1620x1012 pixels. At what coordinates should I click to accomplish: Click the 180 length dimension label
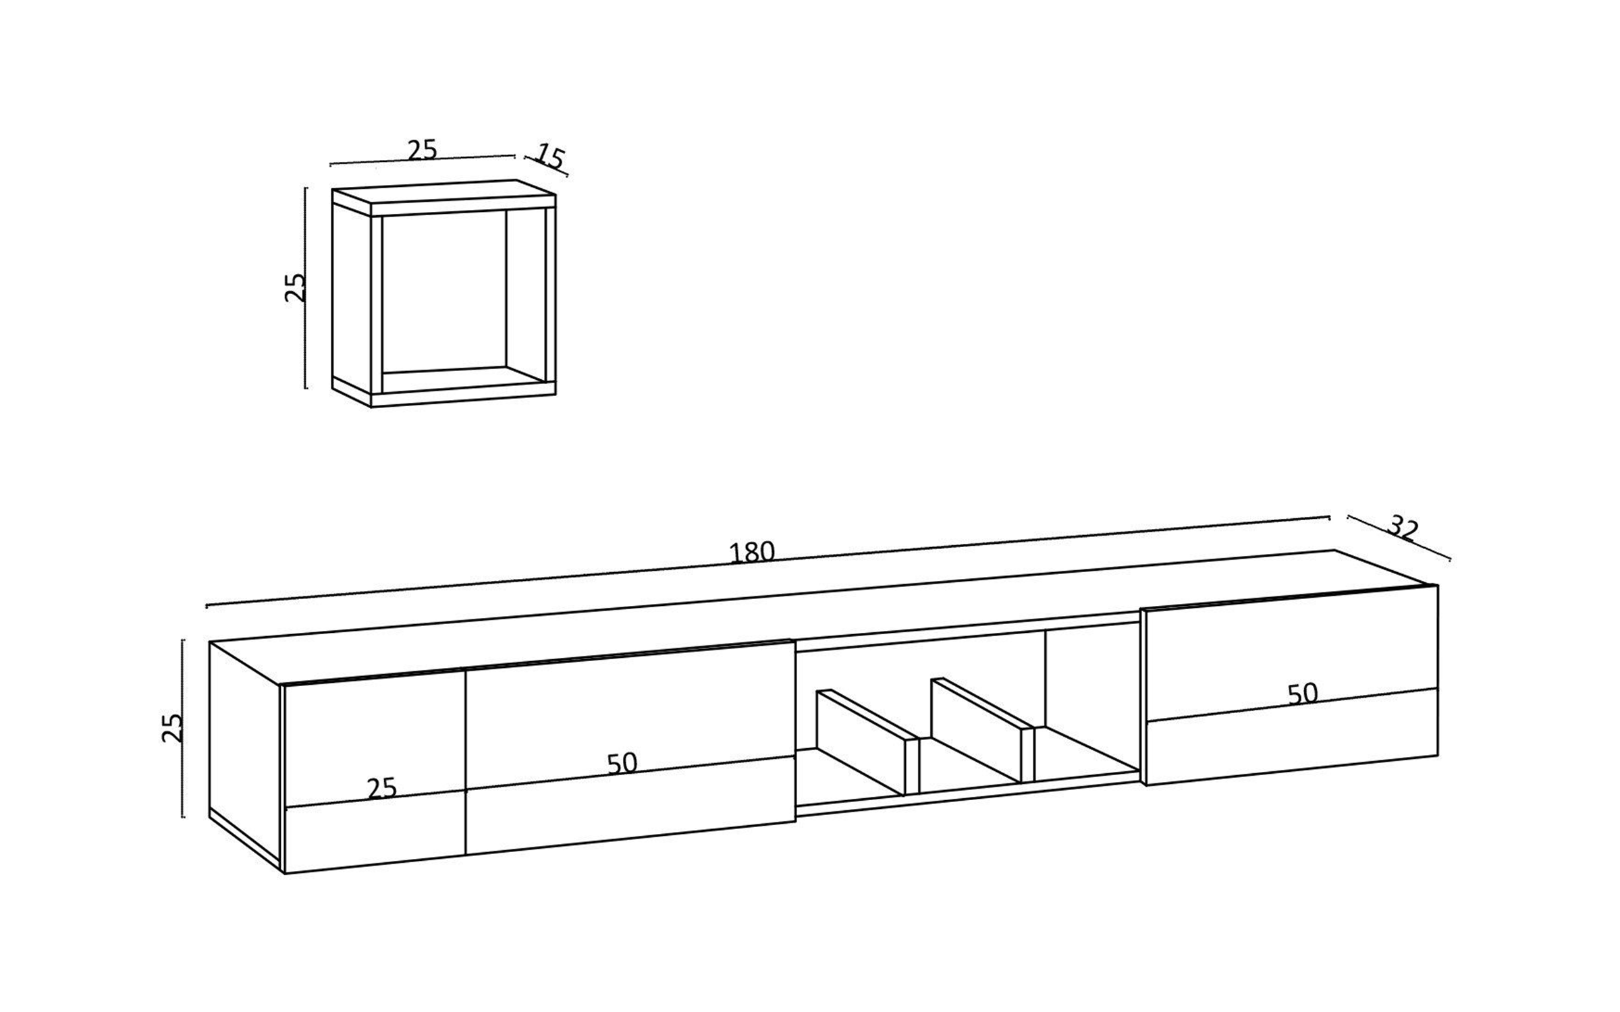tap(751, 553)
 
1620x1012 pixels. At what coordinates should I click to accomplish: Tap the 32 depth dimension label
tap(1403, 529)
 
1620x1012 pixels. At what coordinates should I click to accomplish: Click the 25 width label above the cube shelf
tap(423, 150)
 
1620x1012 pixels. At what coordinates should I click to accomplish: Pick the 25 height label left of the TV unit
tap(173, 728)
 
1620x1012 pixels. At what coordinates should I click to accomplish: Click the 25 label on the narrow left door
tap(382, 788)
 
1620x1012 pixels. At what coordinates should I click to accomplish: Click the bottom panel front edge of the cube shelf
tap(463, 400)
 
